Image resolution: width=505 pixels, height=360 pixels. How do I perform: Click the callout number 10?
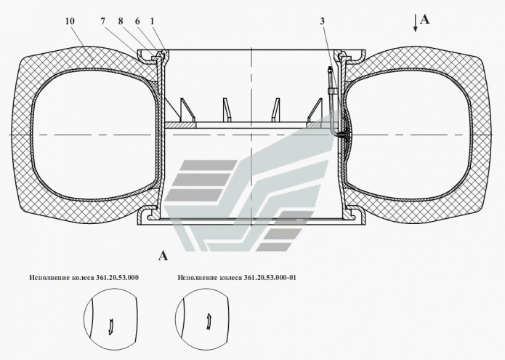click(70, 21)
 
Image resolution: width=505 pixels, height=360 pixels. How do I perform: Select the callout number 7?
click(102, 21)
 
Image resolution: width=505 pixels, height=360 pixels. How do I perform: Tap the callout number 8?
click(121, 21)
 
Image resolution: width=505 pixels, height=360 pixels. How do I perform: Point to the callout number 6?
click(137, 21)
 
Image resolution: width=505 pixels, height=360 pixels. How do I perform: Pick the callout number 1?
click(152, 21)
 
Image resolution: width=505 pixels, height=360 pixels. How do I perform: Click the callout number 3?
click(323, 21)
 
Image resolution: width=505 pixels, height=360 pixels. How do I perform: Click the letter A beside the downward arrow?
click(425, 20)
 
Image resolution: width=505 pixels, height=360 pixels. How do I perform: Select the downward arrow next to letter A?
click(416, 24)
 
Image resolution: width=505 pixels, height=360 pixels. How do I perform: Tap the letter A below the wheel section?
click(163, 256)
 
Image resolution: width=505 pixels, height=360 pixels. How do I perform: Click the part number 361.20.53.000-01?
click(270, 278)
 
